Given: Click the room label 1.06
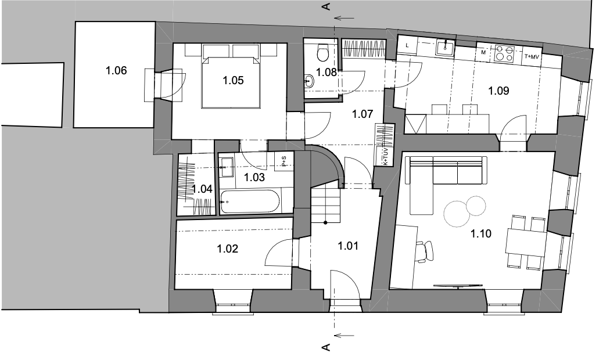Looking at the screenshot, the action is (116, 71).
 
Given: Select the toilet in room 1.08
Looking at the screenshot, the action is (323, 53).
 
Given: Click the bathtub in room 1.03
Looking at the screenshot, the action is (250, 201).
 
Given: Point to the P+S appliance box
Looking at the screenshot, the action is (284, 161).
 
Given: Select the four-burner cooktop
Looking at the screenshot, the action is (505, 53).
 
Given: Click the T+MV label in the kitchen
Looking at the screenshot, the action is (532, 57).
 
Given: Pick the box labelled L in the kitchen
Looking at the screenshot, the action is (407, 45).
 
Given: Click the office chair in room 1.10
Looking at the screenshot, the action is (425, 251).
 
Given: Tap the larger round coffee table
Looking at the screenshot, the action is (456, 214).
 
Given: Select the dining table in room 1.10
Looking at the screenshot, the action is (526, 242).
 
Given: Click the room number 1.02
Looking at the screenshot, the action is (227, 249).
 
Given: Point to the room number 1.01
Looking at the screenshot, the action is (348, 246).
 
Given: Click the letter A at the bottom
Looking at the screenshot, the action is (326, 347).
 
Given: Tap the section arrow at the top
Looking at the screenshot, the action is (344, 18).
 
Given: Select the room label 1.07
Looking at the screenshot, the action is (363, 114).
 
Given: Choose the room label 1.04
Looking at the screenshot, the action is (202, 189).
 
